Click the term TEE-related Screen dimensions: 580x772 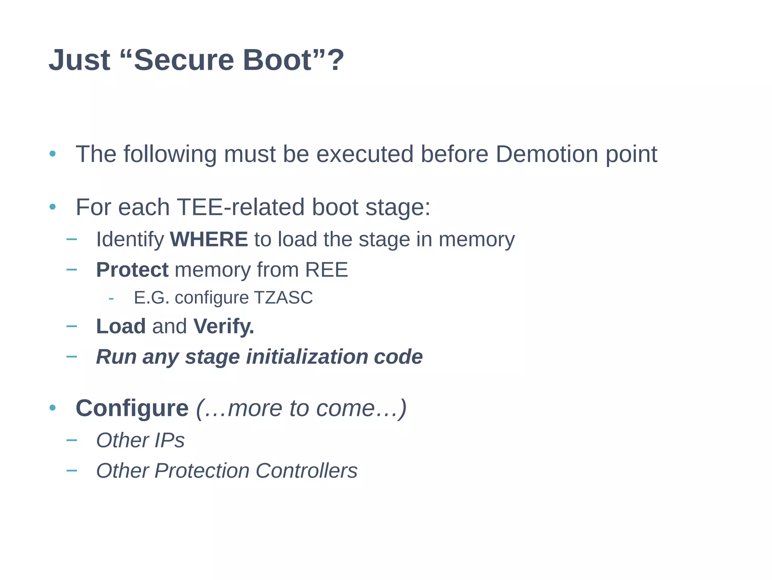[x=240, y=207]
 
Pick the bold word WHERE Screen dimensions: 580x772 [x=209, y=239]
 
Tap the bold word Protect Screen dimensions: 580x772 [x=132, y=270]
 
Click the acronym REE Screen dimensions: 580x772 [x=326, y=270]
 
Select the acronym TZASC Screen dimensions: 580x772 [x=283, y=298]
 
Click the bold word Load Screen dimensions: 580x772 [x=121, y=326]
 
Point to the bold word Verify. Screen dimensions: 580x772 [x=224, y=326]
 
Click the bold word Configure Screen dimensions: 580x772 [x=132, y=408]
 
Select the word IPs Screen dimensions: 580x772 [x=169, y=440]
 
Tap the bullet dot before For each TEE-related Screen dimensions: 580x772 [x=52, y=207]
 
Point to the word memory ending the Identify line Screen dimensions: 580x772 [x=476, y=239]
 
